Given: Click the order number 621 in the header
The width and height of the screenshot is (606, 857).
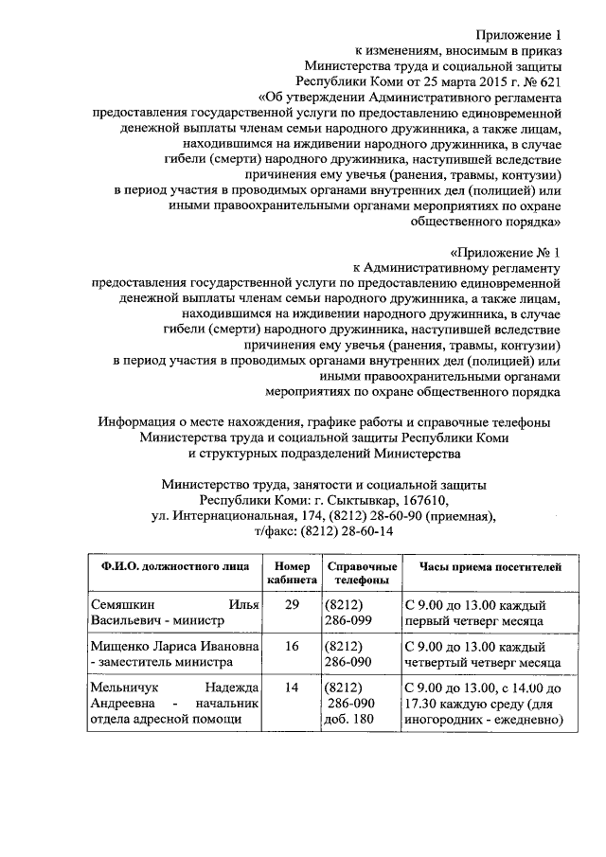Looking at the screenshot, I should [x=547, y=80].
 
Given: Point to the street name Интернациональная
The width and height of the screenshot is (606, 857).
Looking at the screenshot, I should [x=234, y=516].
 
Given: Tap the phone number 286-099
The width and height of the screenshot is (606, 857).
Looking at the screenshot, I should [x=349, y=620].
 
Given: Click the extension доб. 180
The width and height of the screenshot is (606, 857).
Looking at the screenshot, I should [x=350, y=721].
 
